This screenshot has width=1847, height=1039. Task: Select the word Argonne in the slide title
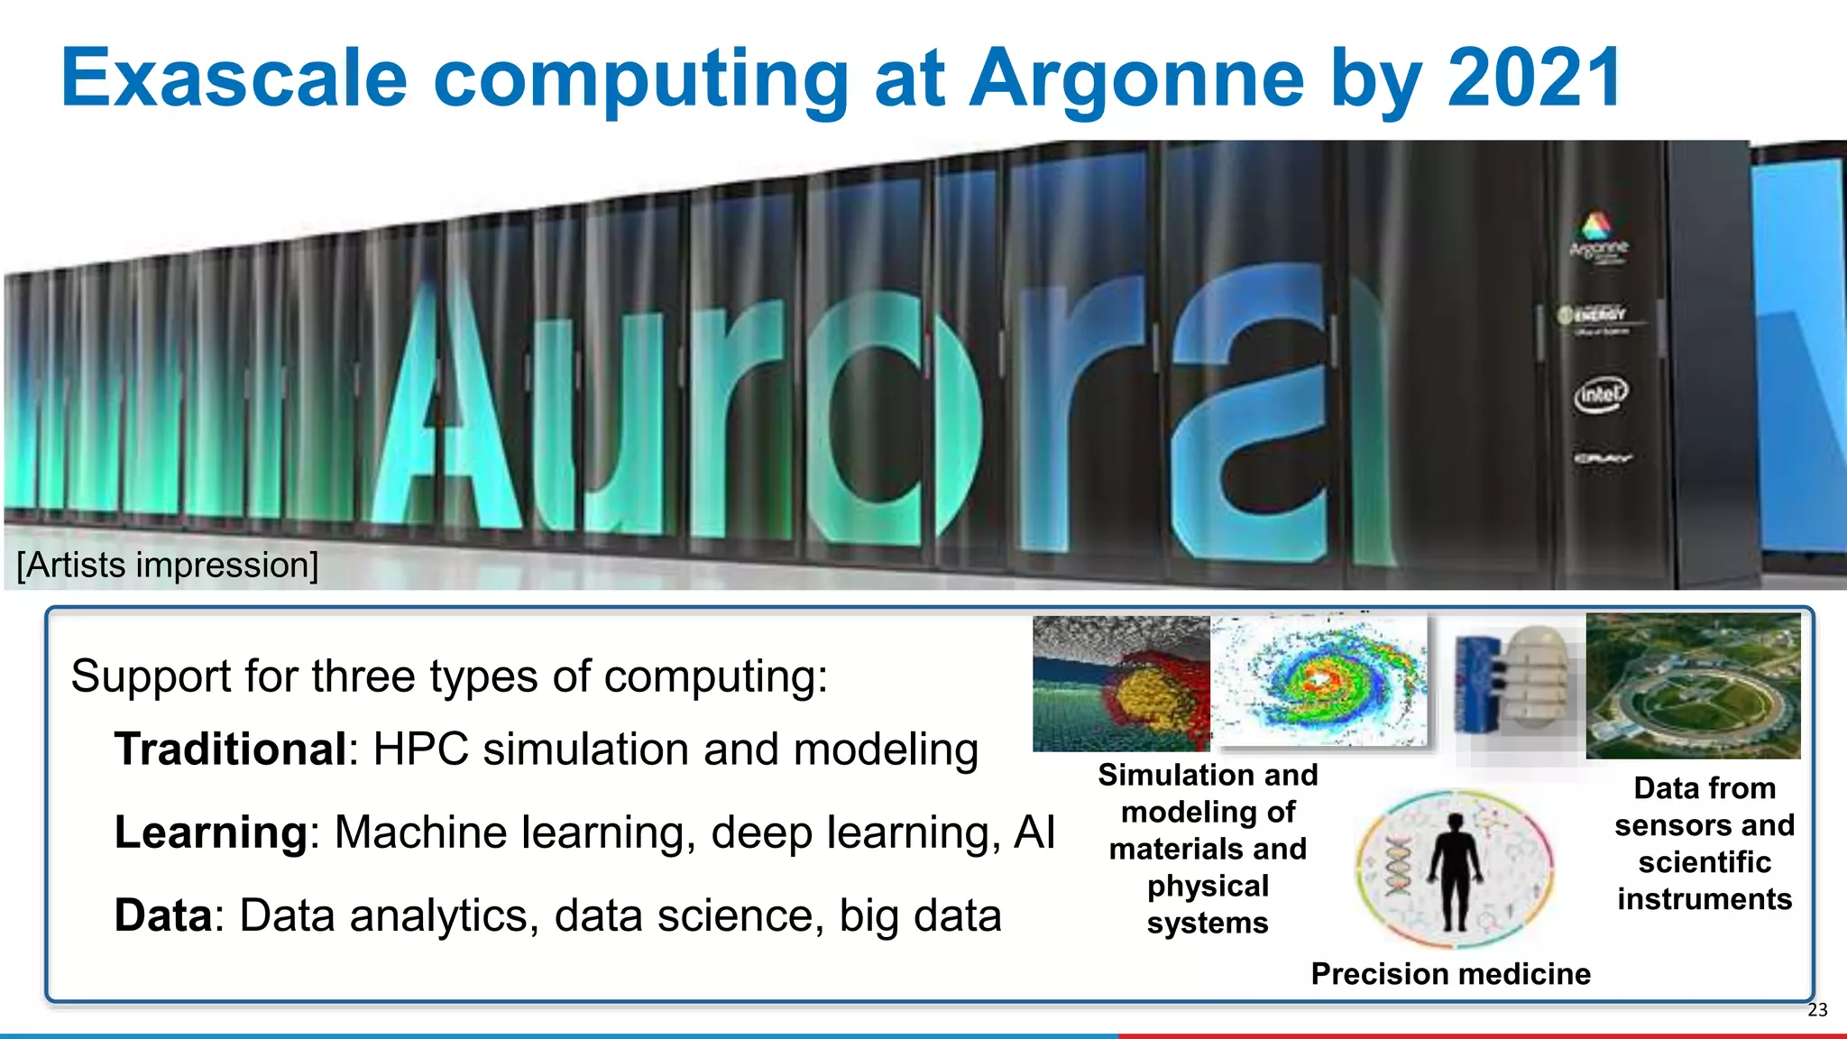tap(1137, 79)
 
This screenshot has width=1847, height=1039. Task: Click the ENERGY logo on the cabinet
tap(1594, 315)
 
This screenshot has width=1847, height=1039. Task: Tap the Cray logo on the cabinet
tap(1602, 458)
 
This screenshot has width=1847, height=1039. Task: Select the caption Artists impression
tap(168, 565)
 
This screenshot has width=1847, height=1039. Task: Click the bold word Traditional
tap(230, 749)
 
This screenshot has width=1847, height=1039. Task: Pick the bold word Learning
tap(211, 832)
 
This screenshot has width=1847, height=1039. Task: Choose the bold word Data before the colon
tap(162, 915)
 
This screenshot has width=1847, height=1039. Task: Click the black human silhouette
tap(1455, 870)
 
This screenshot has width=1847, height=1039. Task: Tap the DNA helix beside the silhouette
tap(1398, 865)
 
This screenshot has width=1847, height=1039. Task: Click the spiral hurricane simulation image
tap(1319, 681)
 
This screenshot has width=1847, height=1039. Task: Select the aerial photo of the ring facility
tap(1693, 685)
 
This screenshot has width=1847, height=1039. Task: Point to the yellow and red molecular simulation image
tap(1121, 684)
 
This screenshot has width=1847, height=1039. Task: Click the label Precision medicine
tap(1450, 974)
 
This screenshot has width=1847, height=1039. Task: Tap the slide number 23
tap(1817, 1010)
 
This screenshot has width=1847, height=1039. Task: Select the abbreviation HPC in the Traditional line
tap(420, 749)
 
